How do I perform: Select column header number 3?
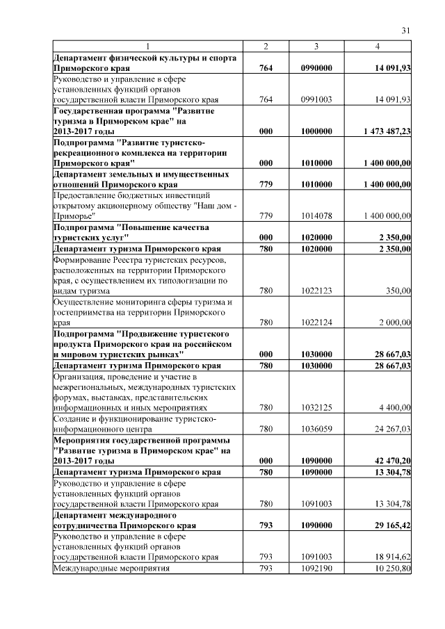click(316, 46)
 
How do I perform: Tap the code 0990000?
click(316, 67)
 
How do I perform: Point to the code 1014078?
click(316, 216)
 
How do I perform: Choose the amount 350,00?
click(398, 291)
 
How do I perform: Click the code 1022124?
click(316, 322)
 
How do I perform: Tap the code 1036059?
click(316, 429)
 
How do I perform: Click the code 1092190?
click(316, 569)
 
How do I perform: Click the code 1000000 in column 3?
click(316, 130)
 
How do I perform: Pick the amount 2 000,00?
click(394, 322)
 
